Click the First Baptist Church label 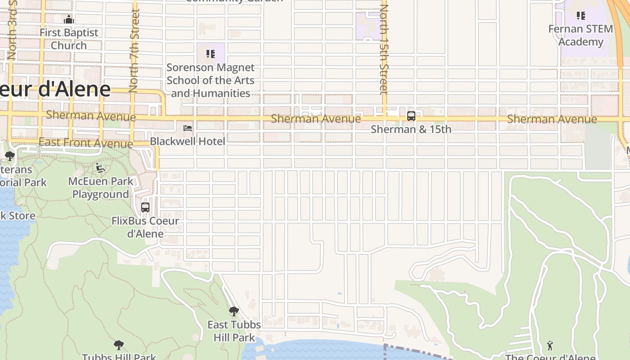(x=68, y=39)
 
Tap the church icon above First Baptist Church (x=69, y=19)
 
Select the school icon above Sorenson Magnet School (x=210, y=54)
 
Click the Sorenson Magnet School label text (x=210, y=81)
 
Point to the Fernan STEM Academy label (x=580, y=36)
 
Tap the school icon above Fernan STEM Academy (x=581, y=16)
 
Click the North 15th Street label (x=384, y=49)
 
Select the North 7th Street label (x=134, y=50)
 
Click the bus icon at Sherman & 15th (x=411, y=116)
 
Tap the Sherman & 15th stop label (x=411, y=130)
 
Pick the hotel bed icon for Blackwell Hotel (x=188, y=128)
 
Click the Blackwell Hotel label (x=187, y=141)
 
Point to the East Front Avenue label (x=85, y=143)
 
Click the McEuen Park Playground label (x=101, y=188)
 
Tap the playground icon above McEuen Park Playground (x=100, y=168)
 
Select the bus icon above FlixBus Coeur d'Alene (x=145, y=207)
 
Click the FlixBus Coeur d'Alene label (x=145, y=227)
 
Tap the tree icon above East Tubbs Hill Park (x=234, y=311)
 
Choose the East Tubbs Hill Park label (x=234, y=331)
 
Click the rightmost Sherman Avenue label (x=552, y=119)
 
